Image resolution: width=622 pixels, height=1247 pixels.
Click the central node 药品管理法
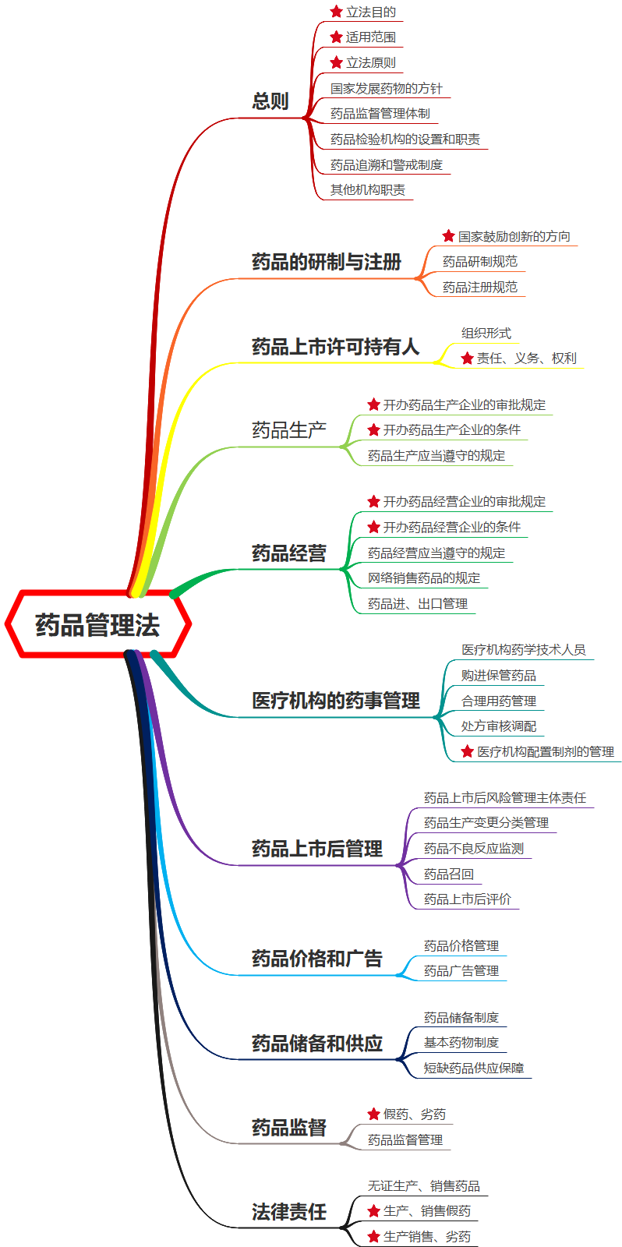pos(97,625)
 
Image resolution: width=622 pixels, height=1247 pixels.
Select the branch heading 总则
pos(270,101)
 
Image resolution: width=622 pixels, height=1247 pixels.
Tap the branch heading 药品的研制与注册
pos(327,262)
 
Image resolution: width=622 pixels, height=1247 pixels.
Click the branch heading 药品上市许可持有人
pos(335,347)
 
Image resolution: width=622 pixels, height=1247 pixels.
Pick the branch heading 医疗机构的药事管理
pos(336,701)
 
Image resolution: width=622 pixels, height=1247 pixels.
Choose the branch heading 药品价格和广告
pos(317,959)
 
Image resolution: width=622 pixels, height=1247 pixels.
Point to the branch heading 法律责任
pos(289,1212)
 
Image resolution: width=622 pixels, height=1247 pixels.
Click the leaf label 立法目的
pos(371,12)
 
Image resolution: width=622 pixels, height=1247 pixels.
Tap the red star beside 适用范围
pos(337,37)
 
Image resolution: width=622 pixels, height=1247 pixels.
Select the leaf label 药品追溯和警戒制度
pos(387,164)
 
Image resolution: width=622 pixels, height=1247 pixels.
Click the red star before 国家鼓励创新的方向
pos(449,236)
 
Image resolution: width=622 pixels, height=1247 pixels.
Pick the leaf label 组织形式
pos(486,333)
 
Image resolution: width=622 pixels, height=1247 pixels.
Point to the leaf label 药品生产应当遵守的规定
pos(436,455)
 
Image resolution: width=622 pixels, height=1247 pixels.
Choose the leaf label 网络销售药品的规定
pos(424,578)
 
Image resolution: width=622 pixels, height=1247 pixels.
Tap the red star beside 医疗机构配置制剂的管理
pos(468,751)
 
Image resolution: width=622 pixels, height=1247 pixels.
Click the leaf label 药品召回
pos(449,874)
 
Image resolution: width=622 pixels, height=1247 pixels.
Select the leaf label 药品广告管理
pos(461,970)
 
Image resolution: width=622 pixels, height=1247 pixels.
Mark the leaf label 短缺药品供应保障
pos(474,1068)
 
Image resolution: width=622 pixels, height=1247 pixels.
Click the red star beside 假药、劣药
pos(374,1115)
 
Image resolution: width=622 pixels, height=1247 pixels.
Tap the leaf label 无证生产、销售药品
pos(424,1185)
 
